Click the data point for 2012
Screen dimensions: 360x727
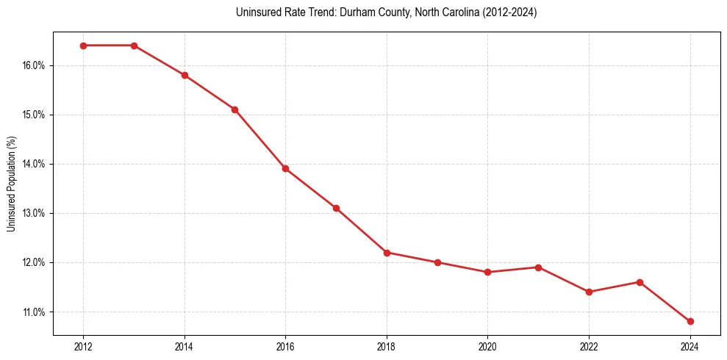click(x=83, y=46)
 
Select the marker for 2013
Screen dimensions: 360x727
click(x=134, y=46)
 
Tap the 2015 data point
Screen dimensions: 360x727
click(x=234, y=109)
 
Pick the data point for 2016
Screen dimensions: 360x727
click(x=285, y=168)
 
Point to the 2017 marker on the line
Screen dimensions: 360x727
click(x=336, y=208)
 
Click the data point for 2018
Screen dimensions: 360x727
click(x=387, y=252)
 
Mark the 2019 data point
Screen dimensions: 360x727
click(x=437, y=262)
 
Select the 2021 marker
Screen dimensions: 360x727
click(x=538, y=267)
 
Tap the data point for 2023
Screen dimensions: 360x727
click(x=640, y=282)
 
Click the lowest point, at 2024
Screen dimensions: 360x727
click(x=690, y=321)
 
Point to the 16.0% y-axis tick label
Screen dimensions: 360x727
click(x=34, y=65)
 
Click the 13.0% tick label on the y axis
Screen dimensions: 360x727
click(x=34, y=213)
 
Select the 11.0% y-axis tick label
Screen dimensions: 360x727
click(x=34, y=312)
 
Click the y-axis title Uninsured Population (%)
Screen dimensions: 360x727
click(x=11, y=184)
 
